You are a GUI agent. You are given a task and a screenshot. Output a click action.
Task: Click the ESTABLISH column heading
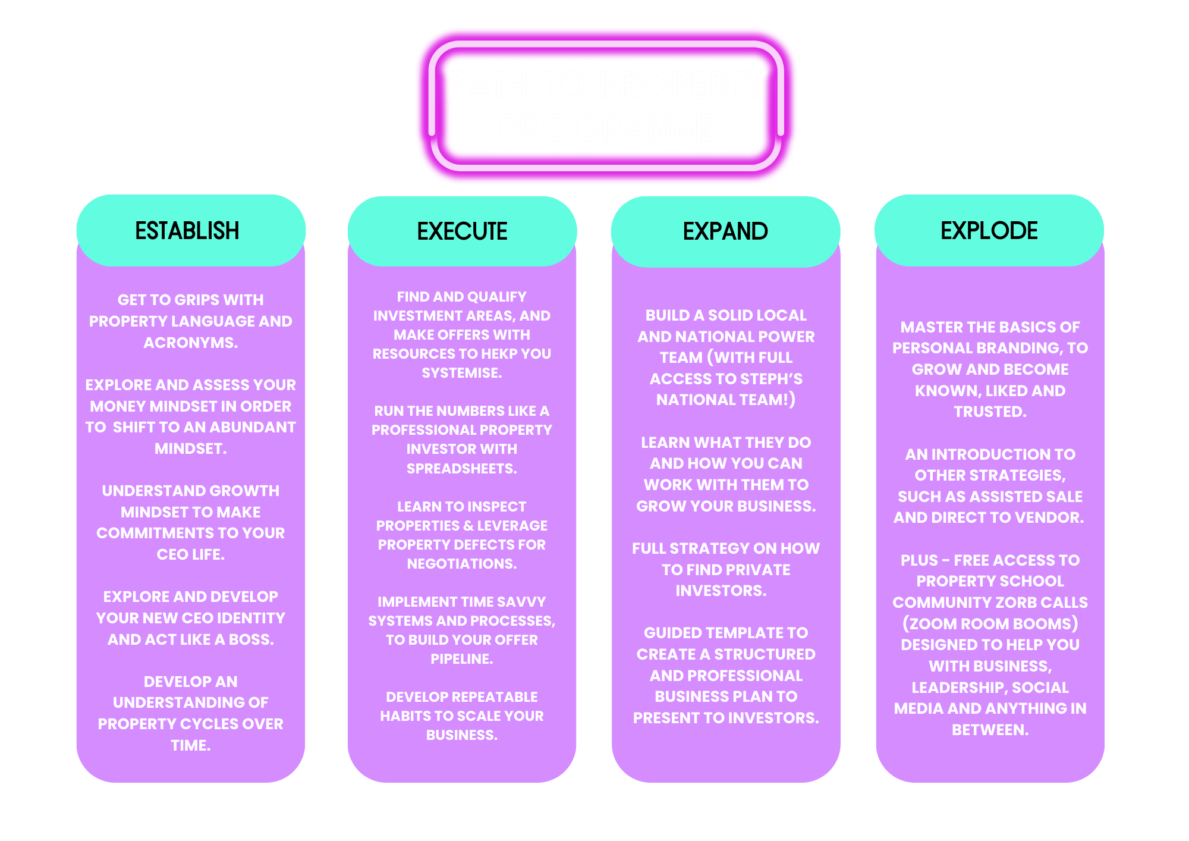tap(187, 231)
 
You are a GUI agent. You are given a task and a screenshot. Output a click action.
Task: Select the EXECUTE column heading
tap(462, 231)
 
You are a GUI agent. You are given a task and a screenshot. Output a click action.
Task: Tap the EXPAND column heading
tap(725, 231)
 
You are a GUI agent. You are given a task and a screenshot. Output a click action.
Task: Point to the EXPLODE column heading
tap(989, 231)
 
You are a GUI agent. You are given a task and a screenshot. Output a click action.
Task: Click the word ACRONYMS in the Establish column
tap(190, 343)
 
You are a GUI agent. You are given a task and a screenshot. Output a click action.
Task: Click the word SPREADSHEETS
tap(461, 469)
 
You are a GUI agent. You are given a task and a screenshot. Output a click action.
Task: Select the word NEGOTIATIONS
tap(461, 564)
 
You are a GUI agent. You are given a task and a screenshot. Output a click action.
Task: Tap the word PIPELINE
tap(461, 659)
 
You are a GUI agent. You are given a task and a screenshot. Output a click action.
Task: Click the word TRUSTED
tap(990, 412)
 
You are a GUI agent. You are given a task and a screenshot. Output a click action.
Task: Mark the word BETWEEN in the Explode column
tap(990, 730)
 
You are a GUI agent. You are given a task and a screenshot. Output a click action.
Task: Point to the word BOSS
tap(252, 639)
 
